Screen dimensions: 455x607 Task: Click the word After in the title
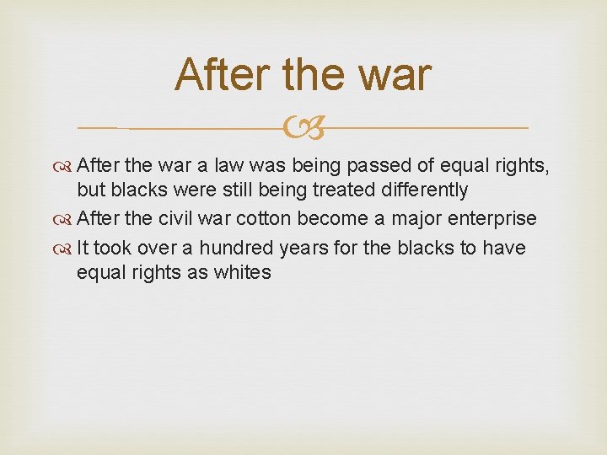click(x=223, y=75)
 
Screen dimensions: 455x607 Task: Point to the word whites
click(x=243, y=273)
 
